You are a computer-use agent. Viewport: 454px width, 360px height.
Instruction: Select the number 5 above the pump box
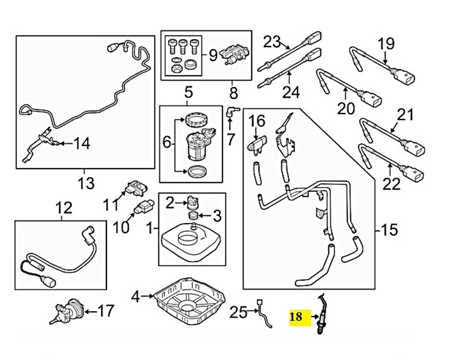click(x=188, y=92)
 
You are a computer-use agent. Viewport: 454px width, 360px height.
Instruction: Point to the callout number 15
click(x=391, y=230)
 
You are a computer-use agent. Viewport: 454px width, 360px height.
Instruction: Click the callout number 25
click(x=238, y=312)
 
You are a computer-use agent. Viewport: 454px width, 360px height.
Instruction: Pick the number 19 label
click(x=386, y=43)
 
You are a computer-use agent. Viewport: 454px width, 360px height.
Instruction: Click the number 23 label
click(x=272, y=42)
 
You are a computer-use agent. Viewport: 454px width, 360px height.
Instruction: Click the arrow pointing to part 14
click(x=62, y=143)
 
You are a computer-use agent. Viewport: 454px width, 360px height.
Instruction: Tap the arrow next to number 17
click(x=89, y=312)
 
